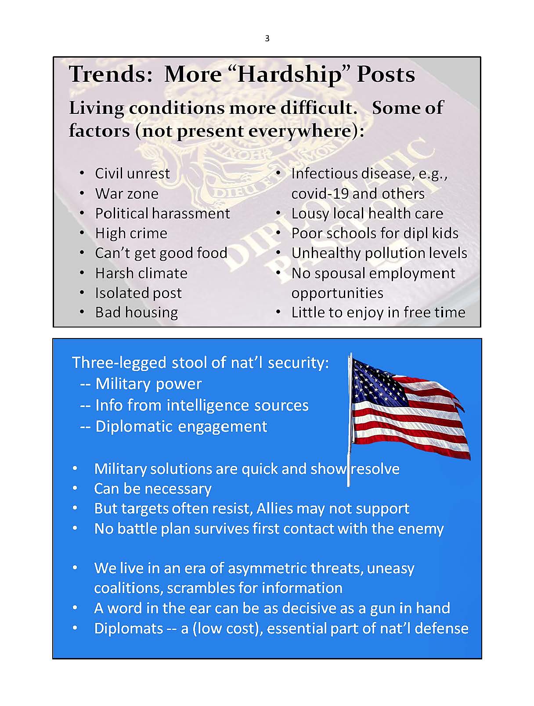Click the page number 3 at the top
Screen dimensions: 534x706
coord(267,39)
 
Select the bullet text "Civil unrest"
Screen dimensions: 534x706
coord(132,174)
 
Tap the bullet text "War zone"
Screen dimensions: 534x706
coord(126,193)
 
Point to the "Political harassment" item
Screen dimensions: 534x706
coord(162,213)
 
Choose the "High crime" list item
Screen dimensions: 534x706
coord(131,233)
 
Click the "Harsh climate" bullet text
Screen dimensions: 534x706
coord(141,273)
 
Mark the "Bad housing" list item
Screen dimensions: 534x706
coord(137,313)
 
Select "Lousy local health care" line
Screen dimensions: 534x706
coord(367,213)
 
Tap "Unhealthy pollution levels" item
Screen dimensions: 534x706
coord(379,253)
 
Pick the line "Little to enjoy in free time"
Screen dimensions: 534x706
coord(378,313)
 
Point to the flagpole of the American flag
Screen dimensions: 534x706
coord(350,420)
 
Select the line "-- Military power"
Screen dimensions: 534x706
coord(141,384)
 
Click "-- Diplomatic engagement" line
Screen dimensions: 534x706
coord(173,427)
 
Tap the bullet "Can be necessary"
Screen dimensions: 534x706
coord(153,489)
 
